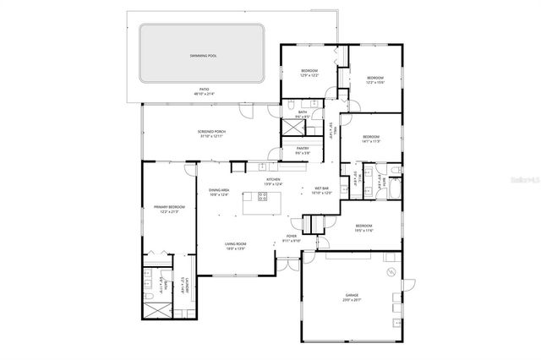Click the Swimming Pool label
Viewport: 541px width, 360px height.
click(202, 56)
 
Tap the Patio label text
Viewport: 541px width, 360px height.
click(204, 91)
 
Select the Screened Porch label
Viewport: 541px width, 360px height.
click(212, 134)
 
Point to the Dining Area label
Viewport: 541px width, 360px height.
click(220, 193)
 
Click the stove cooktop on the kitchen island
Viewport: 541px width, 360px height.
click(260, 199)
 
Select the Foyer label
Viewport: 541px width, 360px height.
click(291, 238)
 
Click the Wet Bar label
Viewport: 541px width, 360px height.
click(322, 190)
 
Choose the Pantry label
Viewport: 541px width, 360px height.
click(302, 150)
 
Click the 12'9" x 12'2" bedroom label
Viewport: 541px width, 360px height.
click(309, 73)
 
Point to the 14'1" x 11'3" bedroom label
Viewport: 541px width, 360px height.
click(371, 139)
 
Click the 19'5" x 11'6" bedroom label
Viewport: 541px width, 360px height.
click(363, 228)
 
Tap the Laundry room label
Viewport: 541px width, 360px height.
click(184, 291)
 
